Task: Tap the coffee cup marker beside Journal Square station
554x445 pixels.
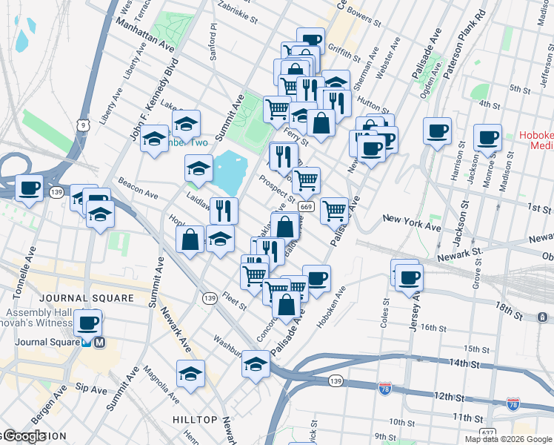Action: tap(87, 323)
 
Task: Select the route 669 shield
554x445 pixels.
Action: tap(307, 206)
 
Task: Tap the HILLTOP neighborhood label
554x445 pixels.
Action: tap(195, 420)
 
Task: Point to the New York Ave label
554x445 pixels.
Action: tap(411, 219)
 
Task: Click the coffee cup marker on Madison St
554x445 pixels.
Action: tap(487, 137)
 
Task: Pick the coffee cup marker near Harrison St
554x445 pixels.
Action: tap(437, 131)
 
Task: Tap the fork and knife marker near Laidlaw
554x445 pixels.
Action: tap(223, 211)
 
